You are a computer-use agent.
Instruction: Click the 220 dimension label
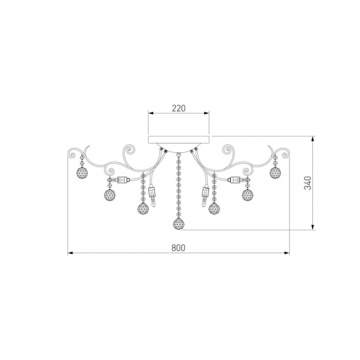178,108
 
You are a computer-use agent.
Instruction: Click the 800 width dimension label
178,248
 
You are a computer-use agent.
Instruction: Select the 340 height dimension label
307,183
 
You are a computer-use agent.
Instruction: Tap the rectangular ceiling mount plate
178,139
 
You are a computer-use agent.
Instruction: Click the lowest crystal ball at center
178,223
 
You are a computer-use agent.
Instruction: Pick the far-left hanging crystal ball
82,172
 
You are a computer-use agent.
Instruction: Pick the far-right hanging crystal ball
275,172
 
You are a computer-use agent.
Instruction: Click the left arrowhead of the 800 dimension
70,253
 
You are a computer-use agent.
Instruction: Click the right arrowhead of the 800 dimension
287,253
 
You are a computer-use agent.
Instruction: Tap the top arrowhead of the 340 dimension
313,139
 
